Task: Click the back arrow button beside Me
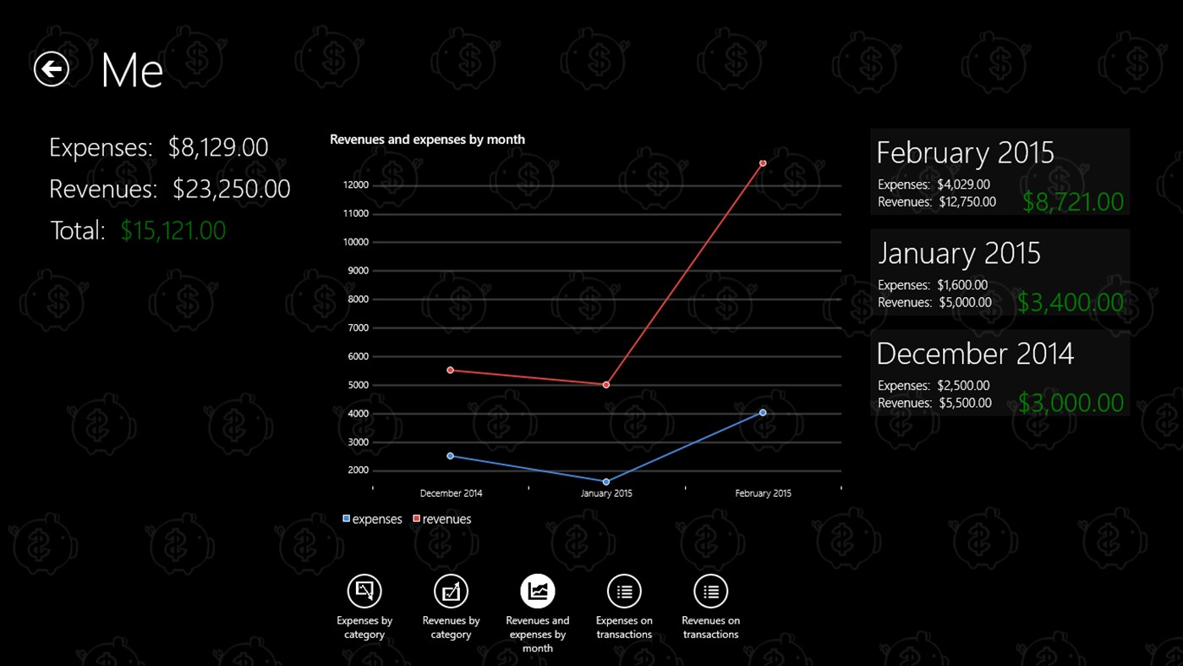point(52,69)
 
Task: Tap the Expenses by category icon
point(364,592)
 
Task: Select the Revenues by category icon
point(451,592)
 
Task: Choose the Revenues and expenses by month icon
point(538,592)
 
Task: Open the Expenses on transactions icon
point(624,592)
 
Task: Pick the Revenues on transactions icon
point(710,592)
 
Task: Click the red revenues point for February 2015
point(763,162)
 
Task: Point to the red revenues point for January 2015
point(606,385)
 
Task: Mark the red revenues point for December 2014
point(450,370)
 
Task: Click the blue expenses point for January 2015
point(606,482)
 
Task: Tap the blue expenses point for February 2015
point(763,413)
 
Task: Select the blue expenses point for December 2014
point(450,456)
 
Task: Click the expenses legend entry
point(372,520)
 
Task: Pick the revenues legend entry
point(442,520)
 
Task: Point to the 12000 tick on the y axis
point(356,185)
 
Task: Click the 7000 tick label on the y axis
point(358,327)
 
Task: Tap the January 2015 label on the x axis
point(606,493)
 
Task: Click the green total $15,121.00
point(173,231)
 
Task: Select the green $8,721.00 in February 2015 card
point(1072,202)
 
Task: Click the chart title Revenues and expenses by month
point(427,140)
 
